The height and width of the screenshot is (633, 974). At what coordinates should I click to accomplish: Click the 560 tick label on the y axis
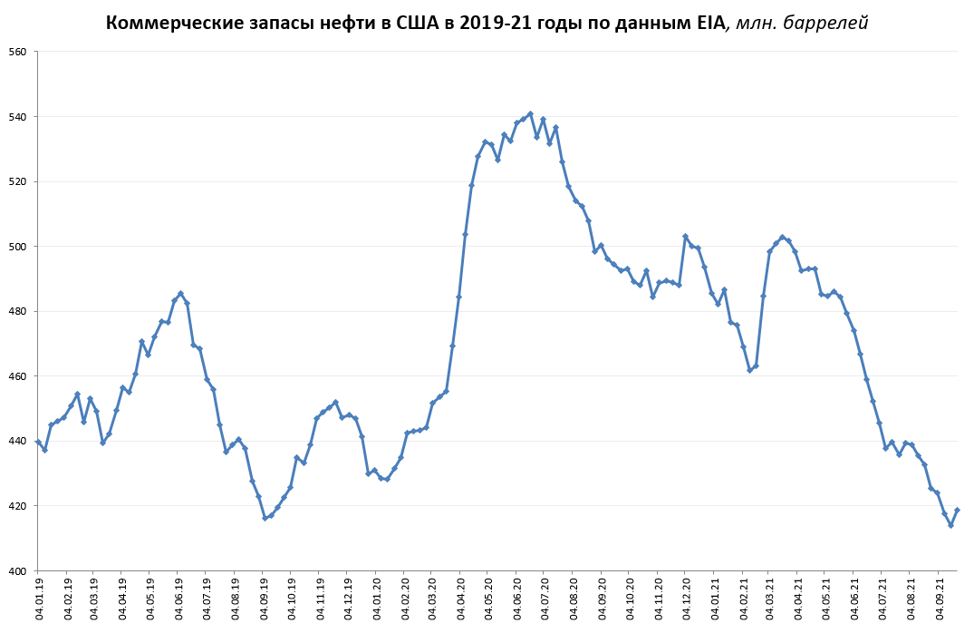click(18, 52)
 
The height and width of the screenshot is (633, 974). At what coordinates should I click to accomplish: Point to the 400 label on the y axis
click(18, 570)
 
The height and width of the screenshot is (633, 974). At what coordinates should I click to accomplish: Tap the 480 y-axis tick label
click(18, 311)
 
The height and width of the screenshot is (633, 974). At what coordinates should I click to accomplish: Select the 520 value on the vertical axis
click(18, 181)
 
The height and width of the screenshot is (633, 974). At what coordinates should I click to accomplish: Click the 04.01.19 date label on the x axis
click(40, 599)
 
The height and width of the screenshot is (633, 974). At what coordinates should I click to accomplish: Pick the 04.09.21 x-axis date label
click(940, 599)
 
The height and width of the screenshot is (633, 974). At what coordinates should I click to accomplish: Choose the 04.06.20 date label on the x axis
click(517, 599)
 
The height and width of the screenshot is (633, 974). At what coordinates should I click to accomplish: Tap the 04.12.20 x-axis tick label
click(686, 599)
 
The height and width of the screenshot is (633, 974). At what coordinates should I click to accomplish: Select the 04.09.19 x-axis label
click(265, 599)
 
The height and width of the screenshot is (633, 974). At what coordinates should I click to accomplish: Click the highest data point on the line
click(530, 114)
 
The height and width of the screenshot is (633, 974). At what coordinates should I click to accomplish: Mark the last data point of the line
click(957, 510)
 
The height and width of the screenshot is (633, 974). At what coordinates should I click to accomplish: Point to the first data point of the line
click(38, 442)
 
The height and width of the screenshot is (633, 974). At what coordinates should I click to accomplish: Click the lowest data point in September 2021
click(950, 525)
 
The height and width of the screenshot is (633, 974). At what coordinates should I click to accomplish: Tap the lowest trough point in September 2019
click(265, 518)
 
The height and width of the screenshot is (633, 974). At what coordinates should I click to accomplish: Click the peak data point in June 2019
click(181, 294)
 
